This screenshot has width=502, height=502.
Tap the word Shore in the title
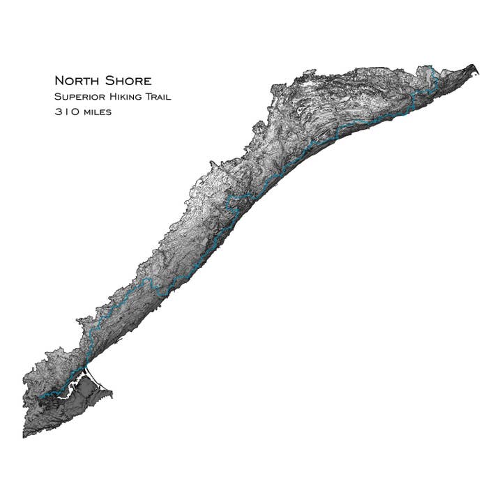point(128,81)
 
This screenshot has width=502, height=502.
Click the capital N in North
point(59,81)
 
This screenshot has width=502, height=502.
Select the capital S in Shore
point(111,81)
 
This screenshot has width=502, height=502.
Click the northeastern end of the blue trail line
point(434,68)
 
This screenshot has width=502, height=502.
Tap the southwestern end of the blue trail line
point(40,398)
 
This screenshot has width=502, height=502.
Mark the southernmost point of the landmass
point(24,437)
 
